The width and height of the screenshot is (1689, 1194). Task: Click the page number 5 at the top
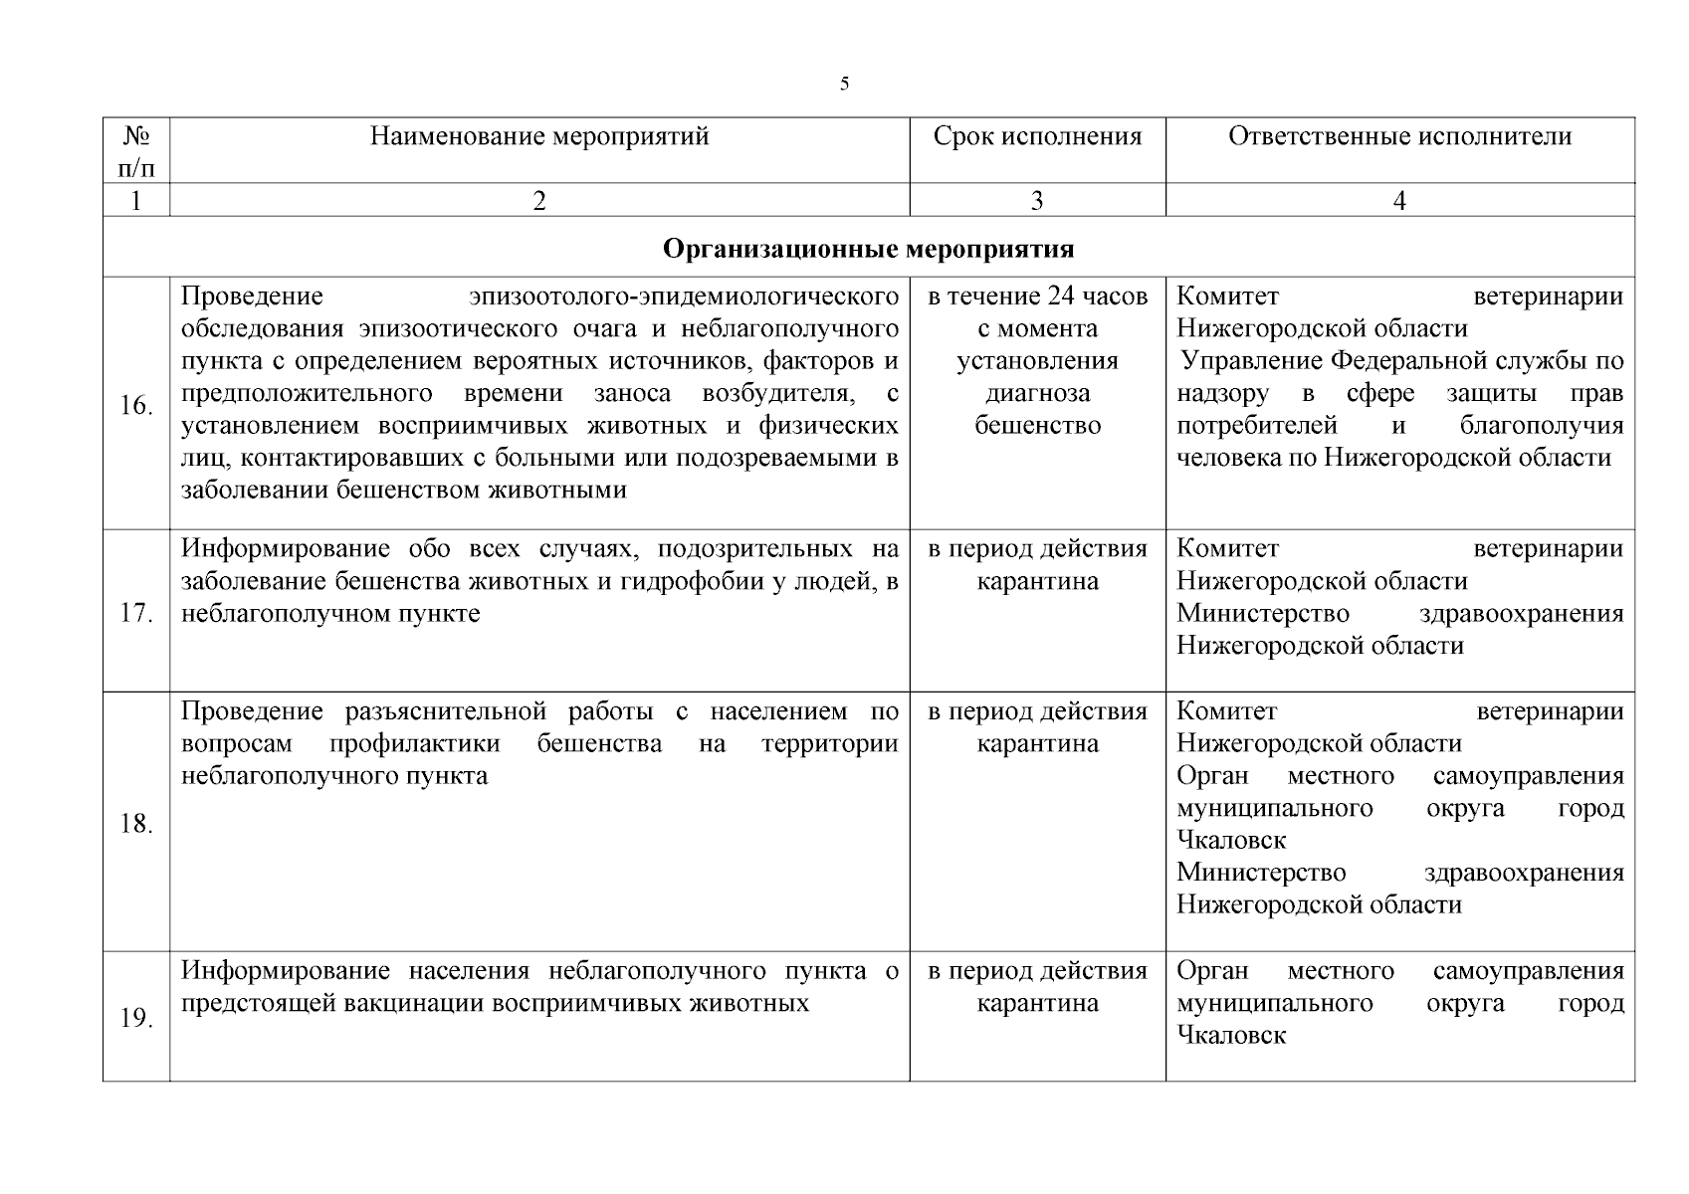[x=844, y=85]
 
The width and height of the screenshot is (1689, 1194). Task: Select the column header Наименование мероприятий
[x=539, y=136]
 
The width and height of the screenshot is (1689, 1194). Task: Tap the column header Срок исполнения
[x=1037, y=136]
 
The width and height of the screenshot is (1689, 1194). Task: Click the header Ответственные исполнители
[x=1399, y=136]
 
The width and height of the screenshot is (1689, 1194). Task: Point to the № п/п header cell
[x=136, y=150]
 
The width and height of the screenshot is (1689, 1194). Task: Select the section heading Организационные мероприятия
[x=868, y=248]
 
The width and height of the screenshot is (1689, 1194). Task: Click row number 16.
[x=136, y=406]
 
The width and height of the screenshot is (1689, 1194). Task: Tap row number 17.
[x=136, y=613]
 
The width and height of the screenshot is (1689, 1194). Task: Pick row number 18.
[x=136, y=824]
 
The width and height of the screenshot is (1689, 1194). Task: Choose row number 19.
[x=136, y=1019]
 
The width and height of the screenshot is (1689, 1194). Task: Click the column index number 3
[x=1037, y=201]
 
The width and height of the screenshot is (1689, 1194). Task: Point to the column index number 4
[x=1399, y=201]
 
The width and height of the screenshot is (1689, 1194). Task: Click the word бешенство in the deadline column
[x=1037, y=426]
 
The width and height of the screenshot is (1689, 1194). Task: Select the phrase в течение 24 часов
[x=1037, y=297]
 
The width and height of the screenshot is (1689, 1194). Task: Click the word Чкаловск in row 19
[x=1231, y=1036]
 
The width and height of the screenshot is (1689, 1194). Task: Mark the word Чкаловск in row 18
[x=1231, y=841]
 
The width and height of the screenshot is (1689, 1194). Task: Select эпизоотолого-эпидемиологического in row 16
[x=685, y=297]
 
